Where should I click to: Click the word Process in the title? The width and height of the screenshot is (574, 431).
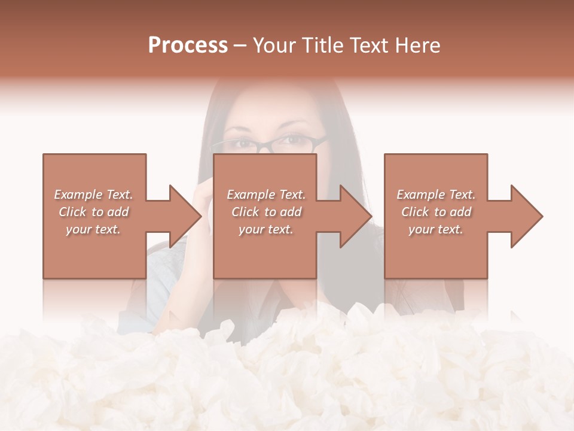[x=188, y=45]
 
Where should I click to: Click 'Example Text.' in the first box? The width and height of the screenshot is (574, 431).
[x=94, y=195]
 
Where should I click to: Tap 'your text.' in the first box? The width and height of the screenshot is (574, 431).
[x=94, y=229]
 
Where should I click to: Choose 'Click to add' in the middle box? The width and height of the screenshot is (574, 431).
[x=266, y=212]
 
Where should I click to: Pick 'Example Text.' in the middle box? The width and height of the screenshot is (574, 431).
[x=266, y=195]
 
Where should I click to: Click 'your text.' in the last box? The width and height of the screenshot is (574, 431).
[x=436, y=229]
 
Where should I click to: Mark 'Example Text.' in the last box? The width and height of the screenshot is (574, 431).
[x=436, y=195]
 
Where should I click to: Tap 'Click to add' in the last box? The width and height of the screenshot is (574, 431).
[x=436, y=212]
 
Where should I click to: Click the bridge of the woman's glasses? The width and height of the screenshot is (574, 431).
[x=269, y=144]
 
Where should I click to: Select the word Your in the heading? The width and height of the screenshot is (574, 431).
[x=274, y=45]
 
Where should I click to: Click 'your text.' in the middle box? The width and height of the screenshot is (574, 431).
[x=266, y=229]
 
